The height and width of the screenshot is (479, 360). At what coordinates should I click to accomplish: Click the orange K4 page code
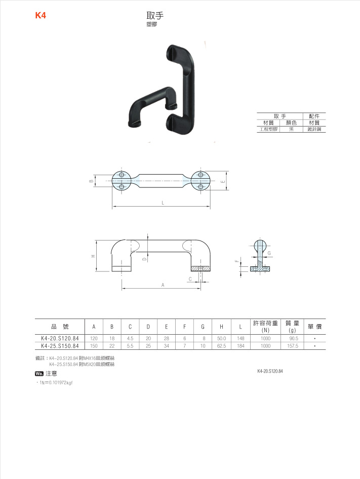[x=41, y=16]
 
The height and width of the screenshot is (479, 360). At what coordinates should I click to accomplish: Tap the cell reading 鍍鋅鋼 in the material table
[x=314, y=129]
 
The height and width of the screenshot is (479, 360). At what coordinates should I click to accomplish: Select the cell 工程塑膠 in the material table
[x=269, y=129]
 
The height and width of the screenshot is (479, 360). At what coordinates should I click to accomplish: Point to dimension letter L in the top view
[x=163, y=203]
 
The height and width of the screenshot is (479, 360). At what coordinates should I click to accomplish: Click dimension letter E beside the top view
[x=223, y=181]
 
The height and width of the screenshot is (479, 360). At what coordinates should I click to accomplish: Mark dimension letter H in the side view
[x=93, y=256]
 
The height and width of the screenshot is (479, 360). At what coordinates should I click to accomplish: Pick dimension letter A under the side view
[x=163, y=286]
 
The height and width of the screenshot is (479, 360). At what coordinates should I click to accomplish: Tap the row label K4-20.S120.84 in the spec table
[x=60, y=338]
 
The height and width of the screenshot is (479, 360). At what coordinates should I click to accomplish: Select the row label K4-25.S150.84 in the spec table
[x=60, y=346]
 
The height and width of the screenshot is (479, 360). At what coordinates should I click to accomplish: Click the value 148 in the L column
[x=241, y=338]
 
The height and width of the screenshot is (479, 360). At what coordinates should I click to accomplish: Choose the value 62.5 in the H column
[x=221, y=346]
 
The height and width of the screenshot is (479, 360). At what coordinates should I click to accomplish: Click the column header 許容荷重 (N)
[x=265, y=327]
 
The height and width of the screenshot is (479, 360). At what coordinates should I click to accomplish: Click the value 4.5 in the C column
[x=130, y=338]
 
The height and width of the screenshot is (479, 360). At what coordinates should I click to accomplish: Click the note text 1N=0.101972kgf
[x=56, y=383]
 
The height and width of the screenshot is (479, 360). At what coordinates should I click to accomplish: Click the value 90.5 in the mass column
[x=293, y=338]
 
